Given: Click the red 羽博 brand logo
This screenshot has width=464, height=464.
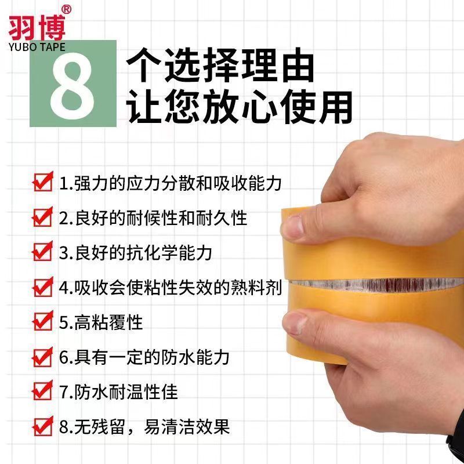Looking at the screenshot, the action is tap(37, 28).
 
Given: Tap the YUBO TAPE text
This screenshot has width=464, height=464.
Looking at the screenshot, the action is tap(37, 47).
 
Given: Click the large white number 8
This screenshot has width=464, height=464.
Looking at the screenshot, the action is tap(73, 85).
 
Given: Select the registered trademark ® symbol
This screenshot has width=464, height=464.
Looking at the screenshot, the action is tap(66, 10).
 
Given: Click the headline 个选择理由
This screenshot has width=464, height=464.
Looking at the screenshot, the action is tap(220, 65).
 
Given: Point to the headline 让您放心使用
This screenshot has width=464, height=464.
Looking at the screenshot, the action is tap(240, 107).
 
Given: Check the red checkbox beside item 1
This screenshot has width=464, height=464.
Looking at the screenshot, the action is tap(42, 182).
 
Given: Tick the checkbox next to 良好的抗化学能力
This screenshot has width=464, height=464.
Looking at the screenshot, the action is tap(42, 251).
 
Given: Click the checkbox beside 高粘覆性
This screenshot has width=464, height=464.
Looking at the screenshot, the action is tap(42, 321).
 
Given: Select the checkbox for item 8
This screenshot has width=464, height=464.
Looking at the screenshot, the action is tap(42, 426).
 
